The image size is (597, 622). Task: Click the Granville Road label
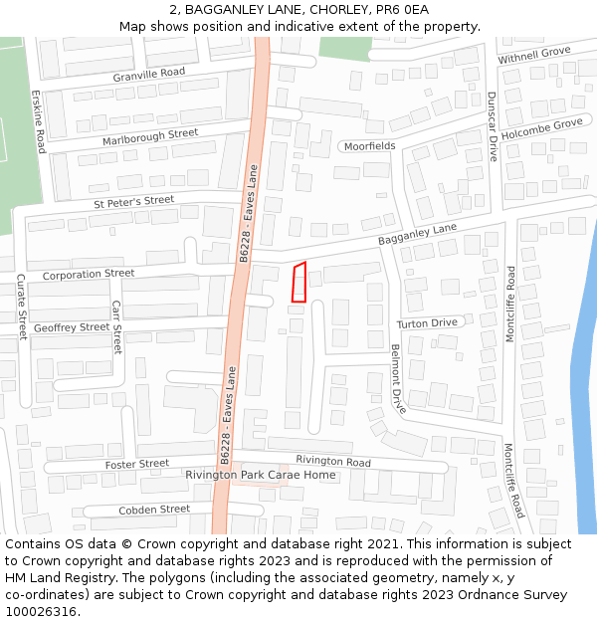pos(149,73)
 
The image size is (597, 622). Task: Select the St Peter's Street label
pos(134,202)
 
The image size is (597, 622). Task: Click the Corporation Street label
pos(89,274)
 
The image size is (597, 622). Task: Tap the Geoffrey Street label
pos(72,327)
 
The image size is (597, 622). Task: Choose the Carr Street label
pos(116,327)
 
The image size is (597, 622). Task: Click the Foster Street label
pos(137,464)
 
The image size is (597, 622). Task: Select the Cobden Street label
pos(154,510)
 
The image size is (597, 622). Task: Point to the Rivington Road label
pos(332,461)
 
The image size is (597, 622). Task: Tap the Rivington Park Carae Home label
pos(261,476)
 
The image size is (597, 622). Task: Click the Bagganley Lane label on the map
pos(417,235)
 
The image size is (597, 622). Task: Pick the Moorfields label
pos(369,146)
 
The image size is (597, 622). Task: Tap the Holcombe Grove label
pos(541,128)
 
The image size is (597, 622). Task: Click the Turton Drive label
pos(427,323)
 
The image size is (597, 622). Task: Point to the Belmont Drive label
pos(398,379)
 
